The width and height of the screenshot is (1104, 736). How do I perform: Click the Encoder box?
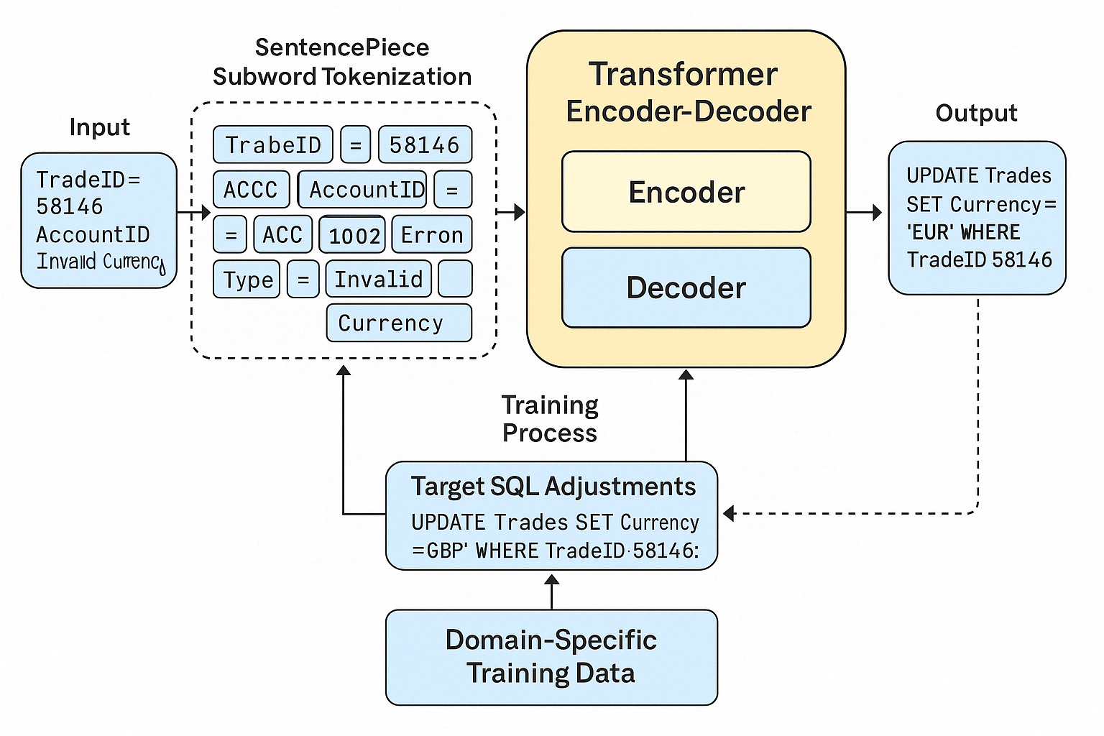pos(686,192)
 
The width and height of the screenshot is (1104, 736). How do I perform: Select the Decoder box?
pos(686,287)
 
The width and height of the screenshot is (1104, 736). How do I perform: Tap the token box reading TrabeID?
pos(273,144)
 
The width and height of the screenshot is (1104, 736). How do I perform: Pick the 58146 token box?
pos(425,144)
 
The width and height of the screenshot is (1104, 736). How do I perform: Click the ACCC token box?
pos(251,190)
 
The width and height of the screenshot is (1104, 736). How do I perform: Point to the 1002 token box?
pos(353,235)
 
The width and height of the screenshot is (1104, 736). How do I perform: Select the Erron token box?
pos(432,235)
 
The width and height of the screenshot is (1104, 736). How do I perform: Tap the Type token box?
pos(247,280)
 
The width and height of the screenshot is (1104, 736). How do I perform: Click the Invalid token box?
pos(379,279)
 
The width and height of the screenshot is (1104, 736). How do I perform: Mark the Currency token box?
pos(399,323)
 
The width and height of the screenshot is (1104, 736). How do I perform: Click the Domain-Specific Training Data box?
pos(551,657)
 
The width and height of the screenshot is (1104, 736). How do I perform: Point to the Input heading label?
pos(99,127)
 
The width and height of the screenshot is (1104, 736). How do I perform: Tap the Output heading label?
pos(976,113)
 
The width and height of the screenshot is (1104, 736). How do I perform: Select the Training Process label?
pos(550,419)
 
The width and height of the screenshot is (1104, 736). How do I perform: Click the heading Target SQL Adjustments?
pos(553,487)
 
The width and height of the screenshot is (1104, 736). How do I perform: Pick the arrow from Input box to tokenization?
pos(193,213)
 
